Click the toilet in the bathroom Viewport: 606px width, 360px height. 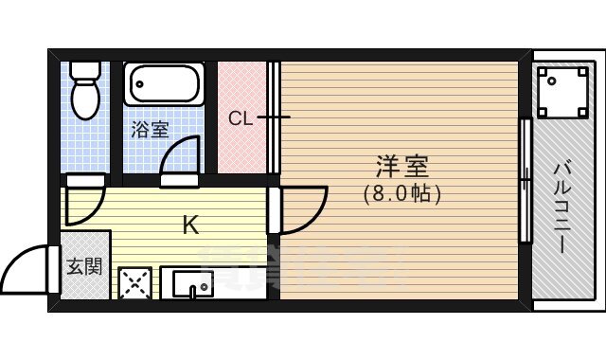pyautogui.click(x=86, y=95)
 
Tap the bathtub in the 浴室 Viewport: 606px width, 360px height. pyautogui.click(x=163, y=85)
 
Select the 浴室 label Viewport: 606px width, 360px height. pyautogui.click(x=149, y=130)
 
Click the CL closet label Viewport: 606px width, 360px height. pyautogui.click(x=240, y=118)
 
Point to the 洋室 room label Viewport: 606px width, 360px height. pyautogui.click(x=401, y=168)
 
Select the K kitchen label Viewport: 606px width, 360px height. pyautogui.click(x=190, y=225)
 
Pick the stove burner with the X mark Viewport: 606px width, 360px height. pyautogui.click(x=134, y=283)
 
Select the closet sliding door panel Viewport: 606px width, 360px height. pyautogui.click(x=274, y=118)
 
